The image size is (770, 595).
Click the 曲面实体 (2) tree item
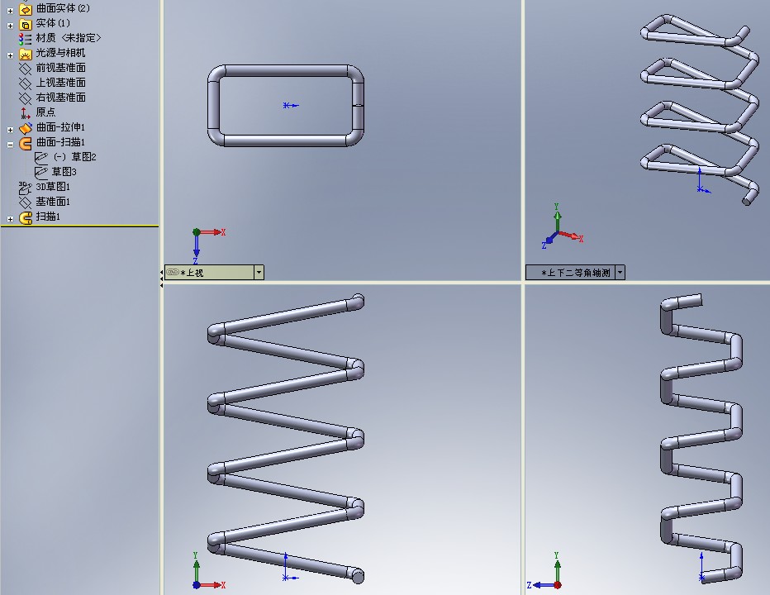click(62, 8)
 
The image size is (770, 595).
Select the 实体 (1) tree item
click(53, 23)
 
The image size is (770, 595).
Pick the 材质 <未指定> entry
click(69, 38)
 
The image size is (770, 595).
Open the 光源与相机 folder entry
click(60, 53)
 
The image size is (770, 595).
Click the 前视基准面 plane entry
click(60, 67)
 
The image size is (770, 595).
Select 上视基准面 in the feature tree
click(60, 82)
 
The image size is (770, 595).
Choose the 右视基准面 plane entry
click(60, 98)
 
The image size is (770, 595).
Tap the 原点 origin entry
click(45, 112)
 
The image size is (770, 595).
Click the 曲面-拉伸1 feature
click(60, 127)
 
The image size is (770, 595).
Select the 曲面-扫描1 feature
click(60, 142)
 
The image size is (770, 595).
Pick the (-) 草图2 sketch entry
click(74, 157)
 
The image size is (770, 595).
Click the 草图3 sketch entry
click(64, 171)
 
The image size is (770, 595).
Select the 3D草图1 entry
click(53, 187)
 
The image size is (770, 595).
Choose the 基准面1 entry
click(53, 202)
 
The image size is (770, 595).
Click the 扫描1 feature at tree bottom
click(48, 217)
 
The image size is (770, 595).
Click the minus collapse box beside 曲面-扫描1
click(10, 145)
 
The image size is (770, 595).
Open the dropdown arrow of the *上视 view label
click(259, 272)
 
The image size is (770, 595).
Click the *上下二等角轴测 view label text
click(576, 273)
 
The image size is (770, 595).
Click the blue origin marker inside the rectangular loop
click(290, 105)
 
